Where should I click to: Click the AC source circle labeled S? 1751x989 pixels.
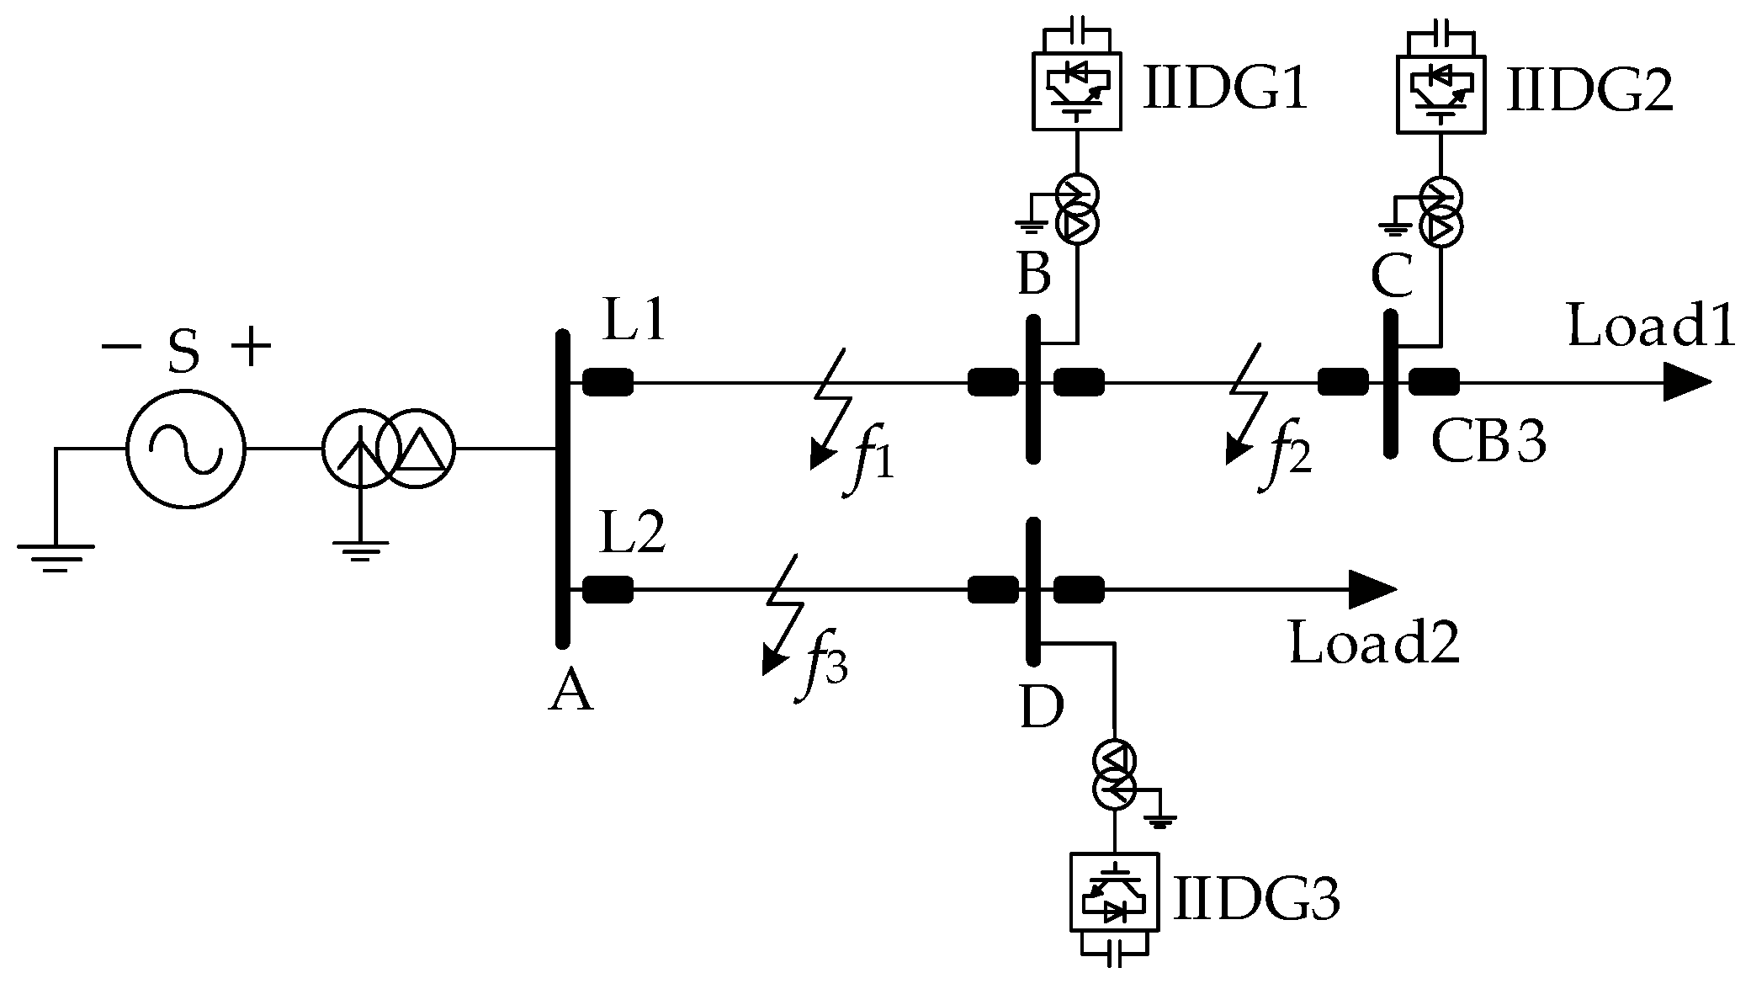pyautogui.click(x=185, y=448)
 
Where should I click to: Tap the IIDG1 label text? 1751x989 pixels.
pyautogui.click(x=1224, y=88)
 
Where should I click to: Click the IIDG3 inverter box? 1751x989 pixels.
pyautogui.click(x=1114, y=902)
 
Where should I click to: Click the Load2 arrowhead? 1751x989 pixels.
pyautogui.click(x=1372, y=589)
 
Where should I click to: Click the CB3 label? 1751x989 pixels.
pyautogui.click(x=1488, y=441)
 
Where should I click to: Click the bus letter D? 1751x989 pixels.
pyautogui.click(x=1042, y=708)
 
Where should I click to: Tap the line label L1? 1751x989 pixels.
pyautogui.click(x=634, y=321)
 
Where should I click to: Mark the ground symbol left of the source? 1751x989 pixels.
pyautogui.click(x=56, y=556)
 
